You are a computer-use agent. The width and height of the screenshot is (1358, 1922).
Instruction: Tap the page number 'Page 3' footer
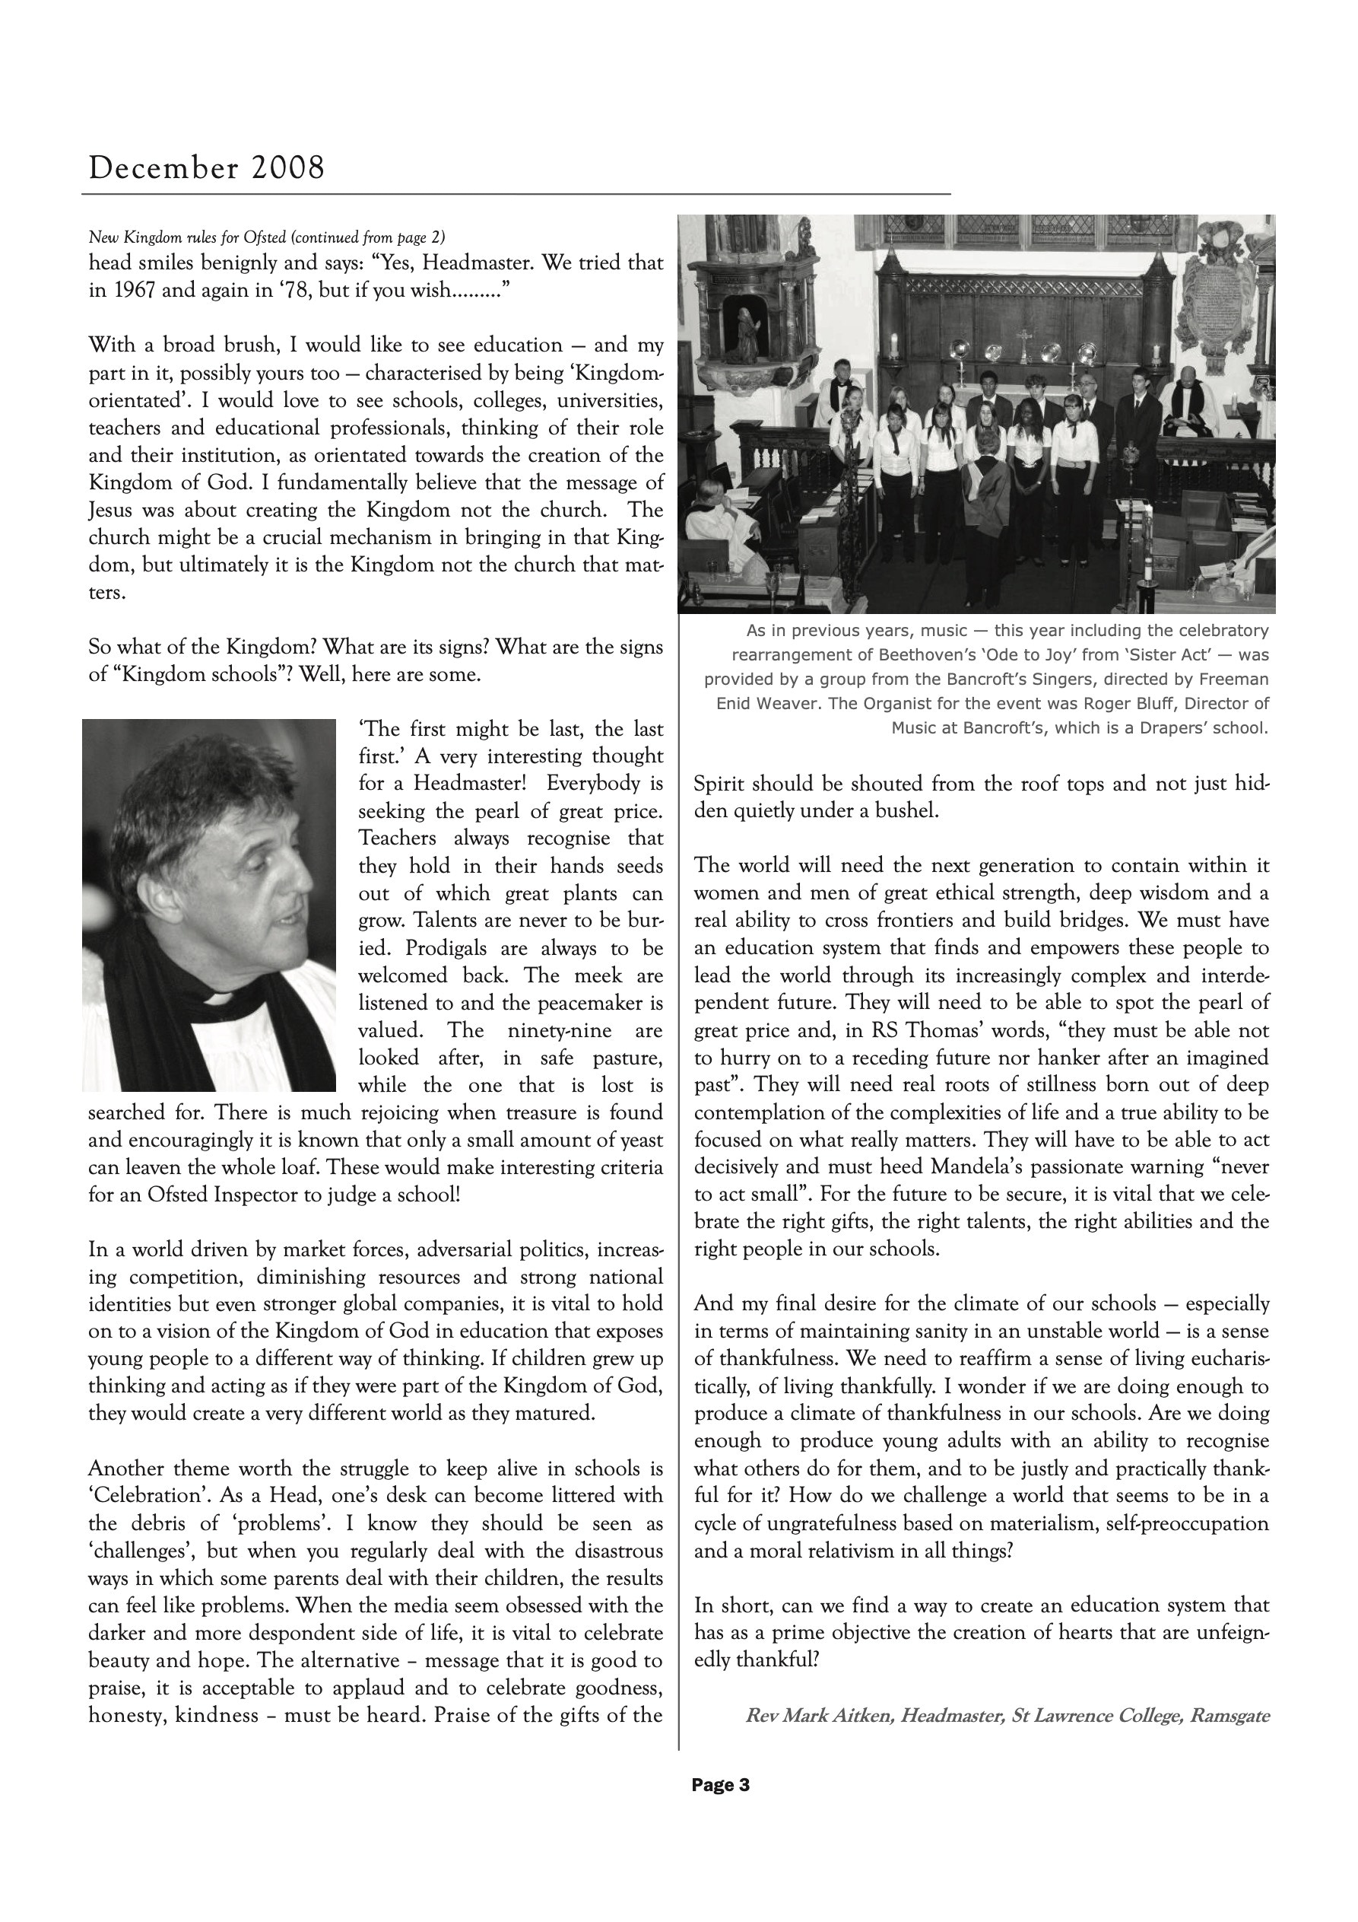720,1785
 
